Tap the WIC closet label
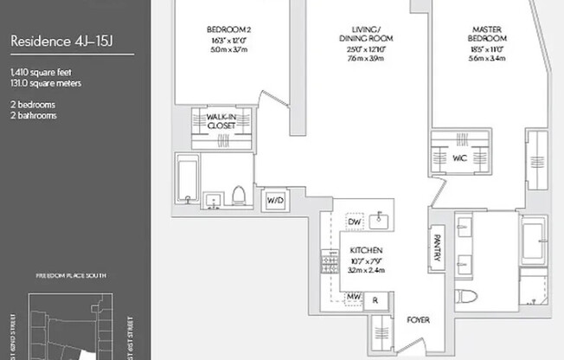click(459, 157)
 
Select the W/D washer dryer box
click(274, 200)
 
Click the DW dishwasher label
click(354, 222)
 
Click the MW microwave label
click(353, 297)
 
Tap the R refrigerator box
click(375, 299)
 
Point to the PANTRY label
click(437, 246)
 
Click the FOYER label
click(419, 320)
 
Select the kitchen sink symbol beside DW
click(378, 222)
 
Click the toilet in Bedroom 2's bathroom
click(238, 194)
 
